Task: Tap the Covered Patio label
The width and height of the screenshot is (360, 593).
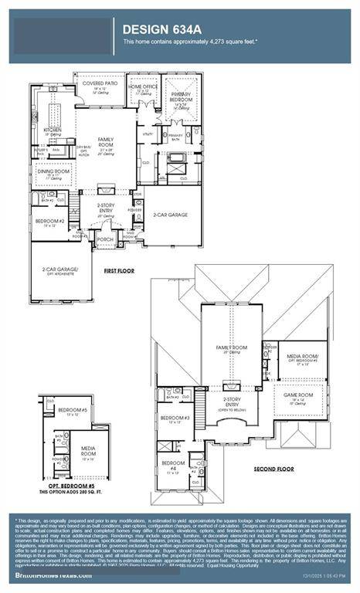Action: coord(98,85)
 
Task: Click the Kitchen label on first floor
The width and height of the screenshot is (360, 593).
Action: coord(52,130)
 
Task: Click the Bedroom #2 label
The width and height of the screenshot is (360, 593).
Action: coord(50,222)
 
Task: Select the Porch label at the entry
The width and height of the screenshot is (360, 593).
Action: coord(105,239)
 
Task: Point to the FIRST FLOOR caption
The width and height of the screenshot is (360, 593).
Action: coord(121,271)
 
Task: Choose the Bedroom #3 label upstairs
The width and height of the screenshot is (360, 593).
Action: coord(172,418)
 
